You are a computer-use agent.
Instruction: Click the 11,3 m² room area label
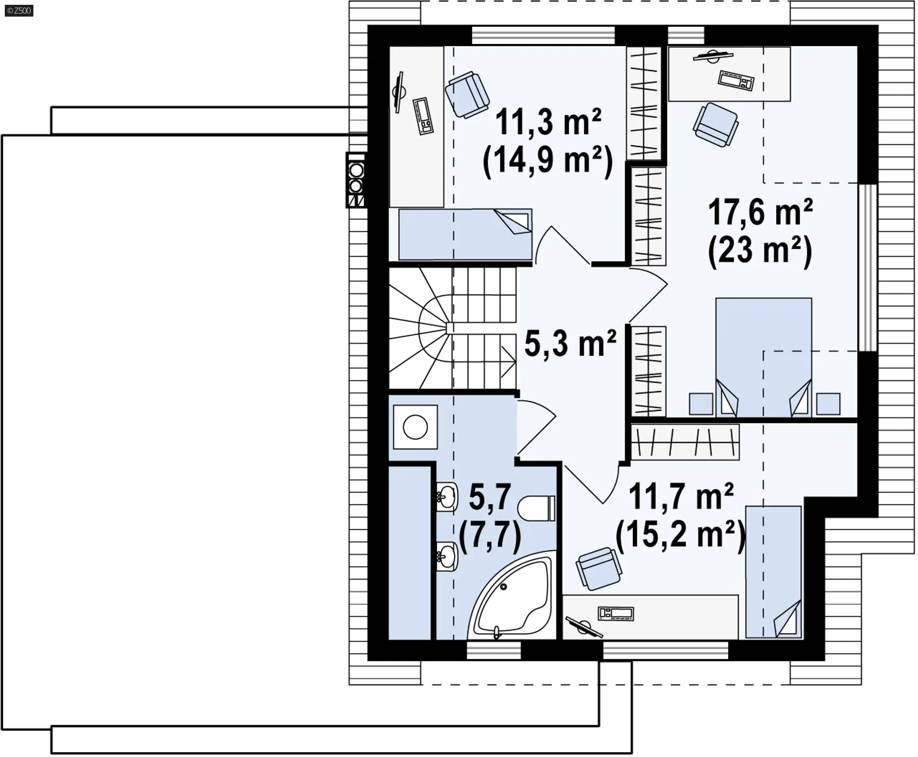(548, 122)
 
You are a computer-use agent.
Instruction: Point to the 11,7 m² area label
(681, 497)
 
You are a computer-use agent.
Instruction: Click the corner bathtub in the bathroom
(512, 595)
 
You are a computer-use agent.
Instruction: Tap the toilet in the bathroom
(536, 508)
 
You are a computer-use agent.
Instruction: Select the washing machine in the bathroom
(415, 427)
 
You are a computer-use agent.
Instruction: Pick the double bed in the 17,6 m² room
(764, 357)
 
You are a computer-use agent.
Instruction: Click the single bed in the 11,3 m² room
(465, 234)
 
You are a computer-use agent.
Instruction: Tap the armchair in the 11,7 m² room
(599, 568)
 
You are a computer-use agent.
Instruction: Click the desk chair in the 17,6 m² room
(716, 124)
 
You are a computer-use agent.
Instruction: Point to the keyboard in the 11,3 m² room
(423, 115)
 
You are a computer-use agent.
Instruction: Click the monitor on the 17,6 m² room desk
(713, 56)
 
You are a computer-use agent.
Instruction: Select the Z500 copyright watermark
(19, 11)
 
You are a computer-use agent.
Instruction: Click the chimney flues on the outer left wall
(356, 180)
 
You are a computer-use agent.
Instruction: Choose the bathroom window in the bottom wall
(493, 650)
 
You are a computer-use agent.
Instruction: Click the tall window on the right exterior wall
(867, 268)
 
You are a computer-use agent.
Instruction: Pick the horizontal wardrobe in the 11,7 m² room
(685, 442)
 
